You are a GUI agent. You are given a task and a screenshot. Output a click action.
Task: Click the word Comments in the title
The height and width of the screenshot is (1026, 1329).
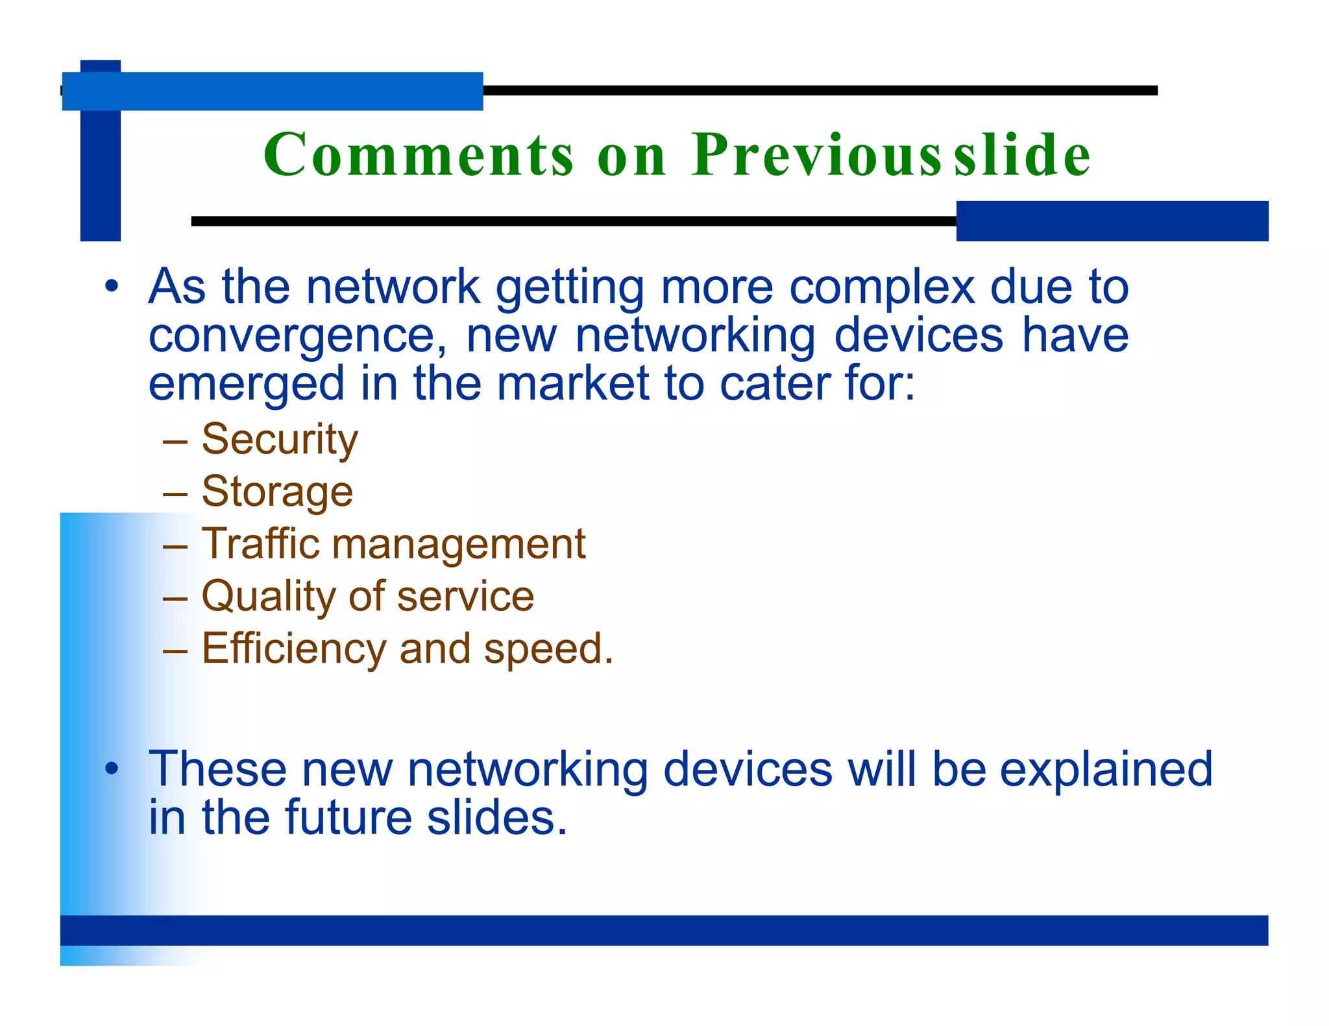pos(419,156)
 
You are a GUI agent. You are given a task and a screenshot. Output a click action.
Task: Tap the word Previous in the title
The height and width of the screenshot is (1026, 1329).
pos(816,156)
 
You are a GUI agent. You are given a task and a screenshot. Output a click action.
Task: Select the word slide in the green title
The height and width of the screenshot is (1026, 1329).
pos(1022,156)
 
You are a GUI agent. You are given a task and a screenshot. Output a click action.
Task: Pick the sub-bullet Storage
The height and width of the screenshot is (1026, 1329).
pos(277,492)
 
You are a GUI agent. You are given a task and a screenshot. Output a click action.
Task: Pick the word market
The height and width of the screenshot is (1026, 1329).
pos(573,383)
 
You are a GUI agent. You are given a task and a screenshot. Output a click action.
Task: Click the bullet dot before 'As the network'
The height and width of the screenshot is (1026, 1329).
pos(112,286)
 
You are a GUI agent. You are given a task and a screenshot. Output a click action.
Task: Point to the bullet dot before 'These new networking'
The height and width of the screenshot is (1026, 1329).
pos(112,769)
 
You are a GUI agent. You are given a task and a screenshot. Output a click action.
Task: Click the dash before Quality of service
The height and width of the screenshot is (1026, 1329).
pos(175,597)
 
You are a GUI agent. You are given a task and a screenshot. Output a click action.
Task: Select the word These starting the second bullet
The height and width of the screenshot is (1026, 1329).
pos(217,769)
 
